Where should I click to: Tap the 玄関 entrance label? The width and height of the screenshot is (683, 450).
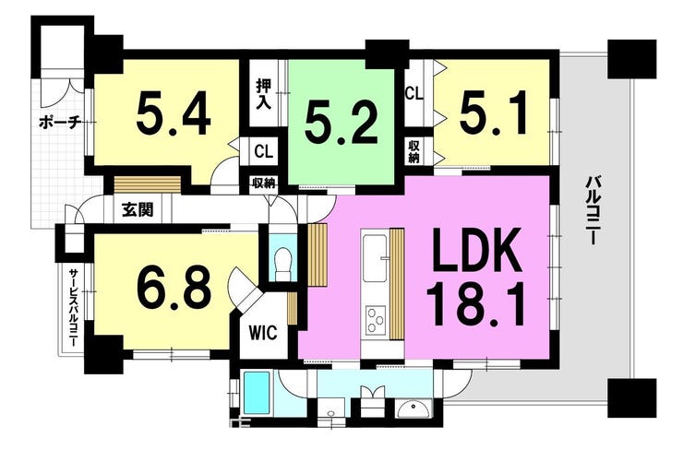click(x=138, y=208)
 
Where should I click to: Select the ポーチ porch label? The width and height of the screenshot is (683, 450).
click(x=61, y=121)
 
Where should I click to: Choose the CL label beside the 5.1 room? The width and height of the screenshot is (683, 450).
click(x=414, y=92)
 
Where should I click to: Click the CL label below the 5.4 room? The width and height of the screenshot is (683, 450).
click(x=263, y=149)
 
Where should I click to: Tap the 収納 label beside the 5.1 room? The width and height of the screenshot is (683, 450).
click(x=414, y=151)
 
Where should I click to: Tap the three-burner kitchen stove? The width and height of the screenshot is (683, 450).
click(x=376, y=319)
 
